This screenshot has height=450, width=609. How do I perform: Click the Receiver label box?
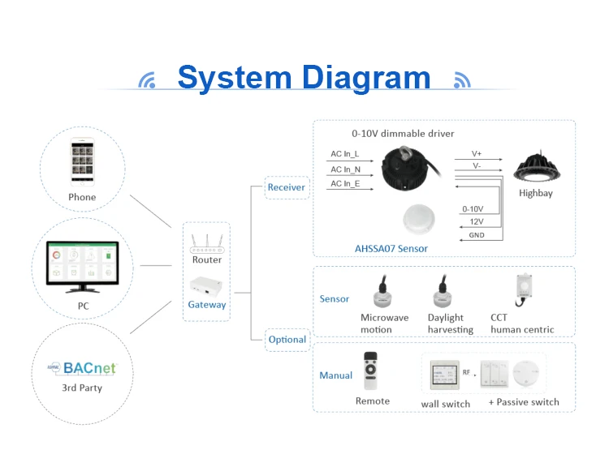coord(287,187)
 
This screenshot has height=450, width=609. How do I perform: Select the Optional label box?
coord(287,340)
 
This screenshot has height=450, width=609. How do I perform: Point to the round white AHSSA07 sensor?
coord(421,220)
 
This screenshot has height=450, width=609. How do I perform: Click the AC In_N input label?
coord(345,169)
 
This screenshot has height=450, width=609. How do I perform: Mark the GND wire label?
coord(477,235)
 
